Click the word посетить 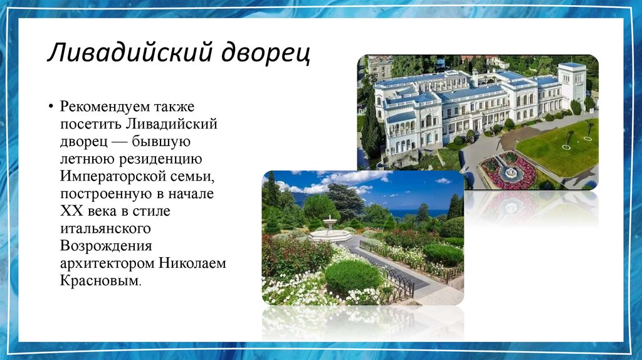tap(89, 124)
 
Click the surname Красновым tap(100, 282)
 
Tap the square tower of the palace tap(572, 85)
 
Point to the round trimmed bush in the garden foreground tap(353, 277)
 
